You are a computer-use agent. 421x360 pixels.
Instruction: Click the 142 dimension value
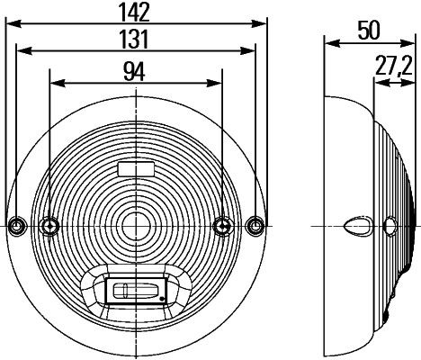[135, 13]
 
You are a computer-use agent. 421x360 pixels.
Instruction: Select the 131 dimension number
[134, 40]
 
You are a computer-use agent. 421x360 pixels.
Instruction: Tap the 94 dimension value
[134, 72]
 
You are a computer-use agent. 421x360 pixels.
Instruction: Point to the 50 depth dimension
[369, 31]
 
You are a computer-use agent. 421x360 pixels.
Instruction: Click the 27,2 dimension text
[393, 67]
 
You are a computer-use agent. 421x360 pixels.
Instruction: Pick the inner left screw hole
[49, 226]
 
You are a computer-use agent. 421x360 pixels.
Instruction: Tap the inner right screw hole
[222, 226]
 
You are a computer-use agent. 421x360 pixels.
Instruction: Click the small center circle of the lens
[137, 226]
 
